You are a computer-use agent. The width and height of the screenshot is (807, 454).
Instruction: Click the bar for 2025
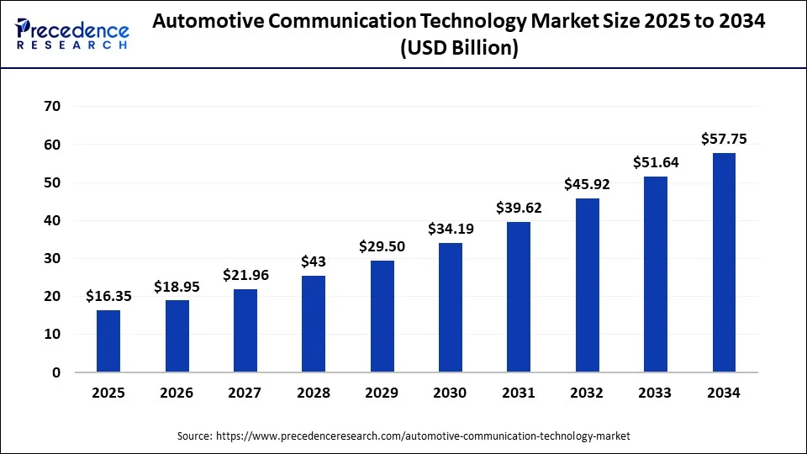point(108,341)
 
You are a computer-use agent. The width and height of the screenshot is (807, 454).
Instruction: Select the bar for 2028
point(314,324)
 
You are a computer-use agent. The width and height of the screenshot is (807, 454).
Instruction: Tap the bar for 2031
point(519,297)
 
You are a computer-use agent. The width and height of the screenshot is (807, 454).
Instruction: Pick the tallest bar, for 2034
point(724,262)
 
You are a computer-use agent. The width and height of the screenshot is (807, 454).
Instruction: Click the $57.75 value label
point(724,140)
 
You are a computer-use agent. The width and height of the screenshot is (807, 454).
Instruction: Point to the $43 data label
point(314,262)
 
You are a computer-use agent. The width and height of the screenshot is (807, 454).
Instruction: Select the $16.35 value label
point(108,296)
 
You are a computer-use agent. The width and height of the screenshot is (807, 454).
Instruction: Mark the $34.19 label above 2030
point(451,229)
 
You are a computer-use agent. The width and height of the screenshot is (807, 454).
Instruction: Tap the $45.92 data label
point(588,184)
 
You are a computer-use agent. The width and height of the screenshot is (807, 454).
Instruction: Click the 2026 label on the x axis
point(177,393)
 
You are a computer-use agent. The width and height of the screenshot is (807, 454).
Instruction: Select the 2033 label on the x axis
point(656,393)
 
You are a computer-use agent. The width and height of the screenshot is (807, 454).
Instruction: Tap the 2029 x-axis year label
point(382,393)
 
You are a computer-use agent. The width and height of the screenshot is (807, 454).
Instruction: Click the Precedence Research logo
point(72,33)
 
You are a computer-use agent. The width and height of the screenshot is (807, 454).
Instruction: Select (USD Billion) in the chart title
point(459,49)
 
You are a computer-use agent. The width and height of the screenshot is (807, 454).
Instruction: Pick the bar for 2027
point(245,330)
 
